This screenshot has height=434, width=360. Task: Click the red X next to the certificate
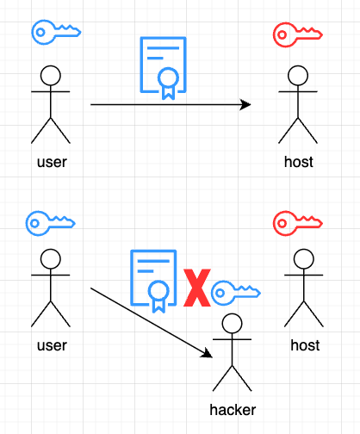198,287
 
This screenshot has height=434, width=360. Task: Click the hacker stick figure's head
232,325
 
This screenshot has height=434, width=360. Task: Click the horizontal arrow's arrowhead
246,105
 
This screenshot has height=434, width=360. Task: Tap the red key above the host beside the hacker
297,223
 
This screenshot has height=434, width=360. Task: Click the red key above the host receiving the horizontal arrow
297,34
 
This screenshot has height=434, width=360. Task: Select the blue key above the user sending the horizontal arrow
56,32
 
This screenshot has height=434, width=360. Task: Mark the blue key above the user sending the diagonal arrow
51,221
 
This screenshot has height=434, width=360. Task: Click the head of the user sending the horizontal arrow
51,73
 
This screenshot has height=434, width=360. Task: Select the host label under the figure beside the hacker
305,345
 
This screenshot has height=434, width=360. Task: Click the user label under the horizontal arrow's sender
52,161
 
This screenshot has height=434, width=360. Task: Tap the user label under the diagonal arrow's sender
52,345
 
